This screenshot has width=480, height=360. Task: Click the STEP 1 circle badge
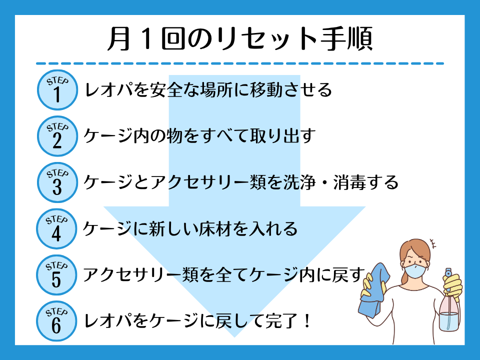(57, 90)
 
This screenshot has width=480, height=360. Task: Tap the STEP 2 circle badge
(57, 136)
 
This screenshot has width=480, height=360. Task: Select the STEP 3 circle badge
(57, 182)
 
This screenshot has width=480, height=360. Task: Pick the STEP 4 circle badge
(56, 228)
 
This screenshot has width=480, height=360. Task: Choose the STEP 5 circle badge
(56, 275)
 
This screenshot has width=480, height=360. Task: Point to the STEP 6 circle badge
(56, 321)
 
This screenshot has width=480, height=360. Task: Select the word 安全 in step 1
(166, 90)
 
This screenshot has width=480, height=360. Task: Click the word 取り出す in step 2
(283, 136)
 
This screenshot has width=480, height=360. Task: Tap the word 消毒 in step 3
(349, 182)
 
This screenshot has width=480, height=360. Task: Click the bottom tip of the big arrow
(234, 337)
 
